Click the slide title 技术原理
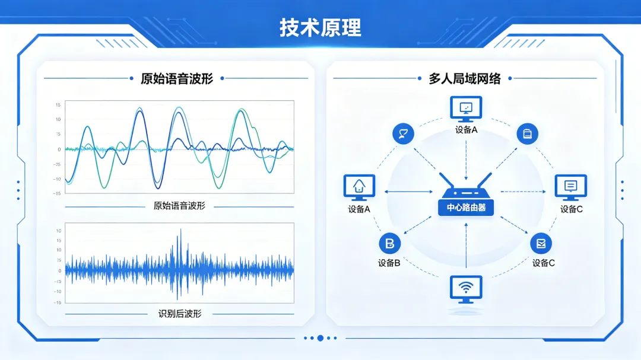click(320, 28)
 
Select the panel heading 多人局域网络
click(465, 78)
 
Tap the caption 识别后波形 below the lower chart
click(180, 314)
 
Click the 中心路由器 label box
click(466, 208)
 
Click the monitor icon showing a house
click(359, 187)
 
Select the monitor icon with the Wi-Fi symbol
click(466, 289)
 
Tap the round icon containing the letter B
click(389, 244)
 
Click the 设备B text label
click(389, 263)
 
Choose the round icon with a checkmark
click(541, 244)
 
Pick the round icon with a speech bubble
click(403, 133)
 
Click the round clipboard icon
click(528, 133)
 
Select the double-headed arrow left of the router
click(408, 192)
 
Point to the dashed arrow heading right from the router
click(523, 192)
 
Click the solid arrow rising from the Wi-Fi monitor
click(466, 245)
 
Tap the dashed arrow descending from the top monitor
click(466, 161)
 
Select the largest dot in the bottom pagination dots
click(320, 338)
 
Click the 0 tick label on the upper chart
click(59, 149)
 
